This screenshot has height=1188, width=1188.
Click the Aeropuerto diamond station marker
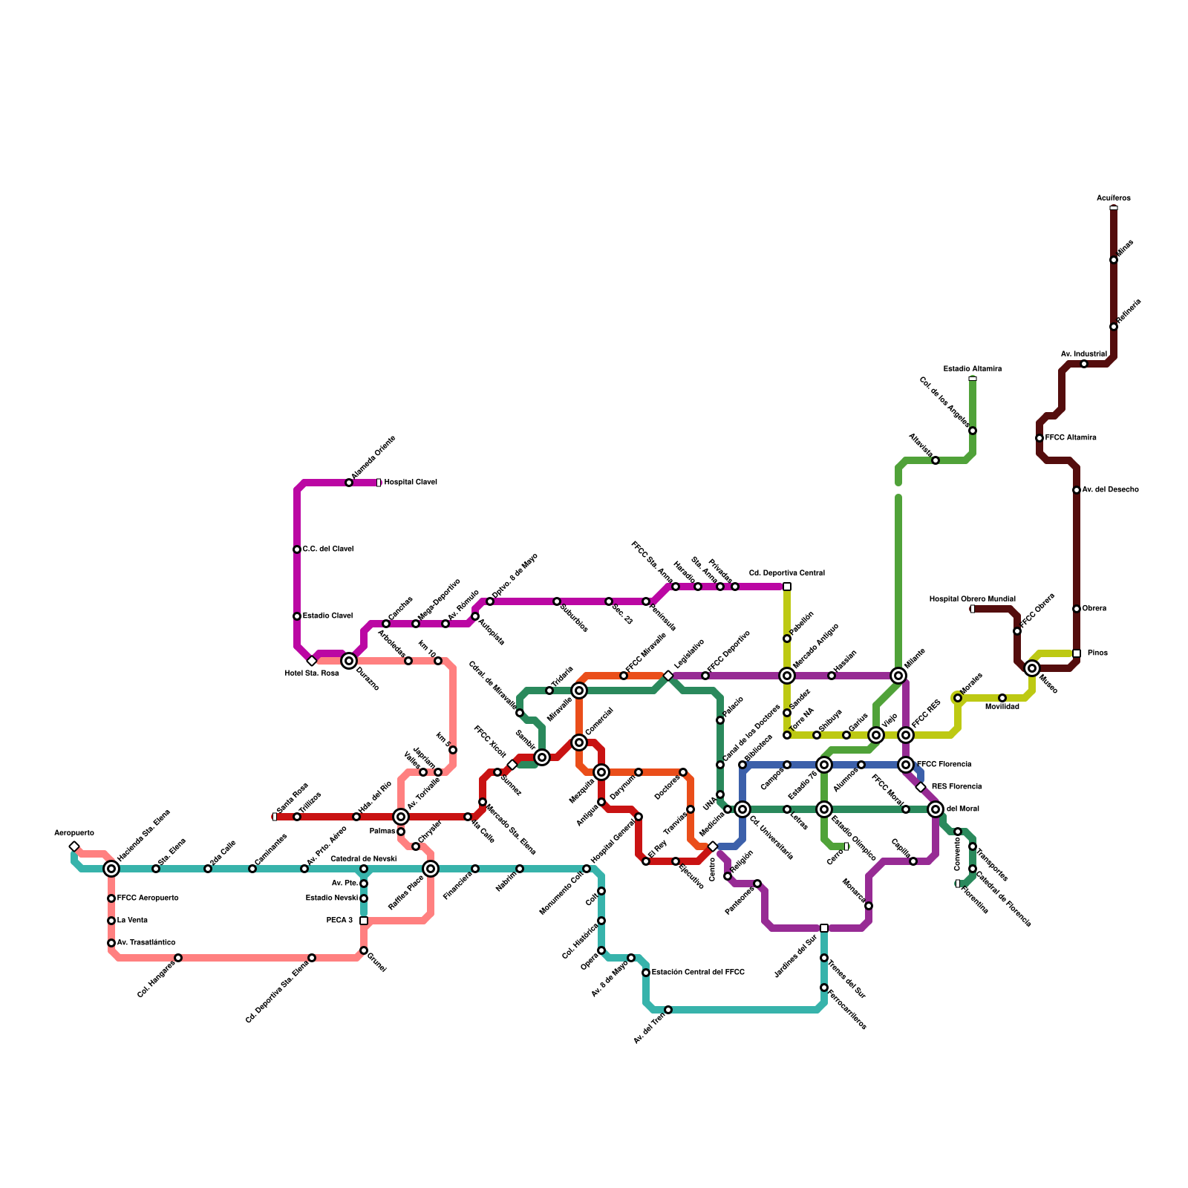pyautogui.click(x=74, y=846)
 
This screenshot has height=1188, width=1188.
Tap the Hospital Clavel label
pyautogui.click(x=410, y=483)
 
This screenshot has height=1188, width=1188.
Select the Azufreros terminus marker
pyautogui.click(x=1114, y=208)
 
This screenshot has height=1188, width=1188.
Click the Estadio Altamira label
pyautogui.click(x=972, y=369)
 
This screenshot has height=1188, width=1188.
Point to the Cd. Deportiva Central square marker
pyautogui.click(x=787, y=587)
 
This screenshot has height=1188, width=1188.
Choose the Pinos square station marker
pyautogui.click(x=1077, y=653)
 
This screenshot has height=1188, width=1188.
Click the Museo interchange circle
pyautogui.click(x=1032, y=668)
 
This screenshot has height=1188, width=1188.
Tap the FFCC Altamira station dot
pyautogui.click(x=1039, y=438)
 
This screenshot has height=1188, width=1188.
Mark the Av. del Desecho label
pyautogui.click(x=1110, y=490)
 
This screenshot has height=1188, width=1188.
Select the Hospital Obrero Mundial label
pyautogui.click(x=972, y=599)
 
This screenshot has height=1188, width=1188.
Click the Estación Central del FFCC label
pyautogui.click(x=698, y=972)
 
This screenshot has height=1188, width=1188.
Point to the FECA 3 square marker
pyautogui.click(x=364, y=921)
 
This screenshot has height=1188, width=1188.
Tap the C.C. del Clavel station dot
pyautogui.click(x=297, y=549)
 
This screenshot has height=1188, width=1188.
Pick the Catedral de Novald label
pyautogui.click(x=363, y=859)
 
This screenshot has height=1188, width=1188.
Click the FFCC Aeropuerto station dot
pyautogui.click(x=111, y=898)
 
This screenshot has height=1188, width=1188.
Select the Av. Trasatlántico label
pyautogui.click(x=146, y=943)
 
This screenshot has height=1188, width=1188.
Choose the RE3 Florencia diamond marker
pyautogui.click(x=921, y=787)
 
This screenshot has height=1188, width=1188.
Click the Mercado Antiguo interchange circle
pyautogui.click(x=787, y=676)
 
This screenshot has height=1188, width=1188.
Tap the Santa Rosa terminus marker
pyautogui.click(x=275, y=817)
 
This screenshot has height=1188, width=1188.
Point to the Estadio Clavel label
pyautogui.click(x=327, y=616)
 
